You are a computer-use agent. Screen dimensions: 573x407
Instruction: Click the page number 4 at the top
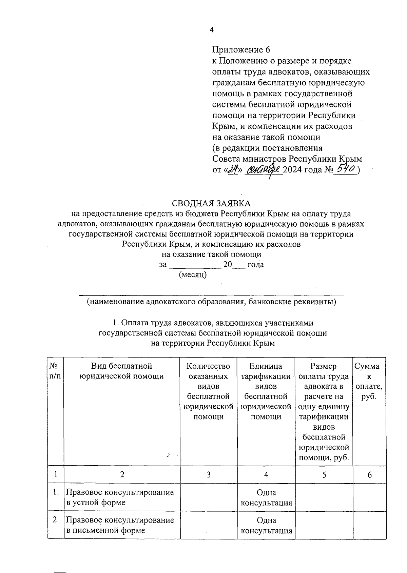(212, 30)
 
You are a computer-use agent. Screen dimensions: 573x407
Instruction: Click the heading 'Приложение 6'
(241, 50)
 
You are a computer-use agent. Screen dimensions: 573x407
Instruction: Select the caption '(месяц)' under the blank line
(193, 275)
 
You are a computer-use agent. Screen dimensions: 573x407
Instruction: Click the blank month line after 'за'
(195, 265)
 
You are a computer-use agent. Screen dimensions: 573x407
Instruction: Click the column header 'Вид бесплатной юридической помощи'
(122, 371)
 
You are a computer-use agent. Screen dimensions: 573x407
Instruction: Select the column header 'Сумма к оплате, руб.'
(369, 381)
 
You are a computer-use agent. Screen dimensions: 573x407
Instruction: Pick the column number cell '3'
(209, 475)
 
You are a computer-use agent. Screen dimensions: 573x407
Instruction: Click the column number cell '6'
(369, 475)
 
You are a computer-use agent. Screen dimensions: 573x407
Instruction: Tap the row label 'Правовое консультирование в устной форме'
(120, 497)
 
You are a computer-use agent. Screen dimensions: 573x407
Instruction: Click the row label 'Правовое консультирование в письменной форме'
(120, 525)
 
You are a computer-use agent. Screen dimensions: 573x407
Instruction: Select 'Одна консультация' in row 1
(266, 497)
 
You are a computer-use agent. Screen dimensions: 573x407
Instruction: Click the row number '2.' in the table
(56, 520)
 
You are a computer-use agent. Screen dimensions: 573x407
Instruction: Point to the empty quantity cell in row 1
(209, 497)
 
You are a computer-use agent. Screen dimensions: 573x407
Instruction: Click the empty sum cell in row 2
(369, 525)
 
